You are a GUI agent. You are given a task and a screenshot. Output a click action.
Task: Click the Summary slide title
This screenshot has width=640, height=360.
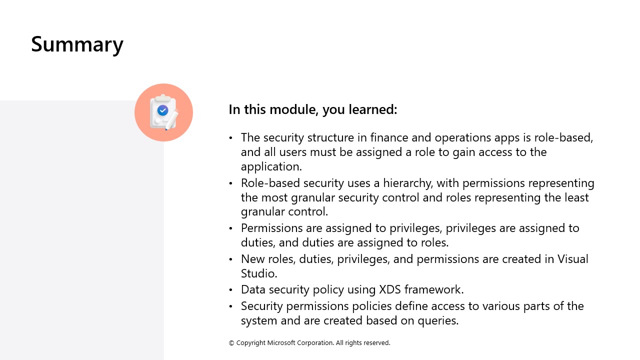77,44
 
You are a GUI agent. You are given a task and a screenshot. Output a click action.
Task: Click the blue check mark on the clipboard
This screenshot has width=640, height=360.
162,110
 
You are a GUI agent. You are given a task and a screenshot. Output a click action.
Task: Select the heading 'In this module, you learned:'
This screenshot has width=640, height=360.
312,109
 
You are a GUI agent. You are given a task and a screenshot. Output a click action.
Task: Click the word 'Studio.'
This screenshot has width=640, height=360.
259,273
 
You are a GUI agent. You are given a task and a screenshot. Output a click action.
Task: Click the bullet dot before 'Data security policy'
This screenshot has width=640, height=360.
231,290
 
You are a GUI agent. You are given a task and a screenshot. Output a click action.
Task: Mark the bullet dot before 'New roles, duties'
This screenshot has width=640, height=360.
231,259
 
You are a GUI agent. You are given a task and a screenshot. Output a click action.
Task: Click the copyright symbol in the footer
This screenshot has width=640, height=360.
231,343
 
